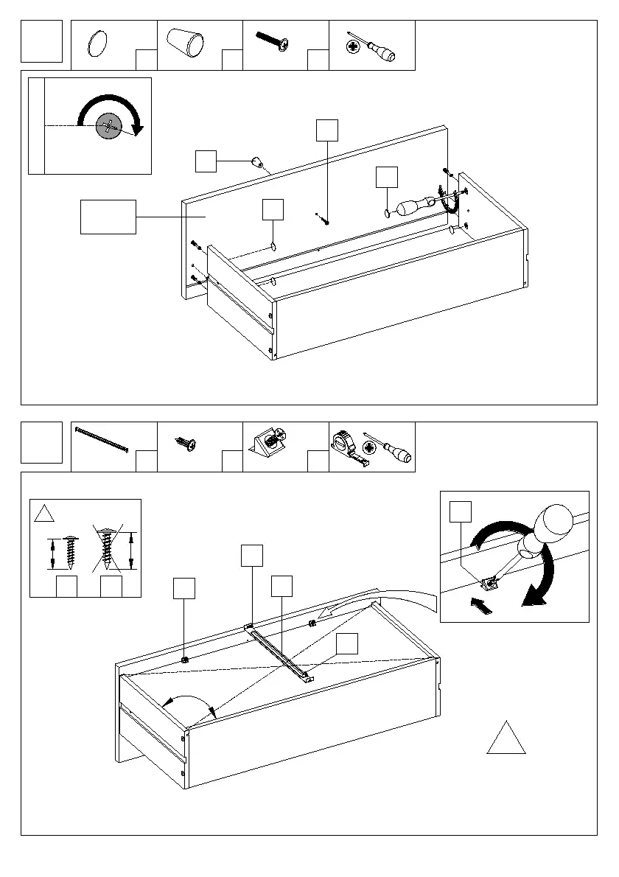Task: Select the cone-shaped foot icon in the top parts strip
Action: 185,41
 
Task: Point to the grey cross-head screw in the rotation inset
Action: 109,127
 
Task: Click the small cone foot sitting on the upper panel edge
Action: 257,162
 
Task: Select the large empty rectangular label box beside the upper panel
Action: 108,217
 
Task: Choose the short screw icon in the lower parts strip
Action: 184,444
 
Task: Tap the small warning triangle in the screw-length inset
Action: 44,513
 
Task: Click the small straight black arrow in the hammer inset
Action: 480,607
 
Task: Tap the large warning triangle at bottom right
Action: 506,739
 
